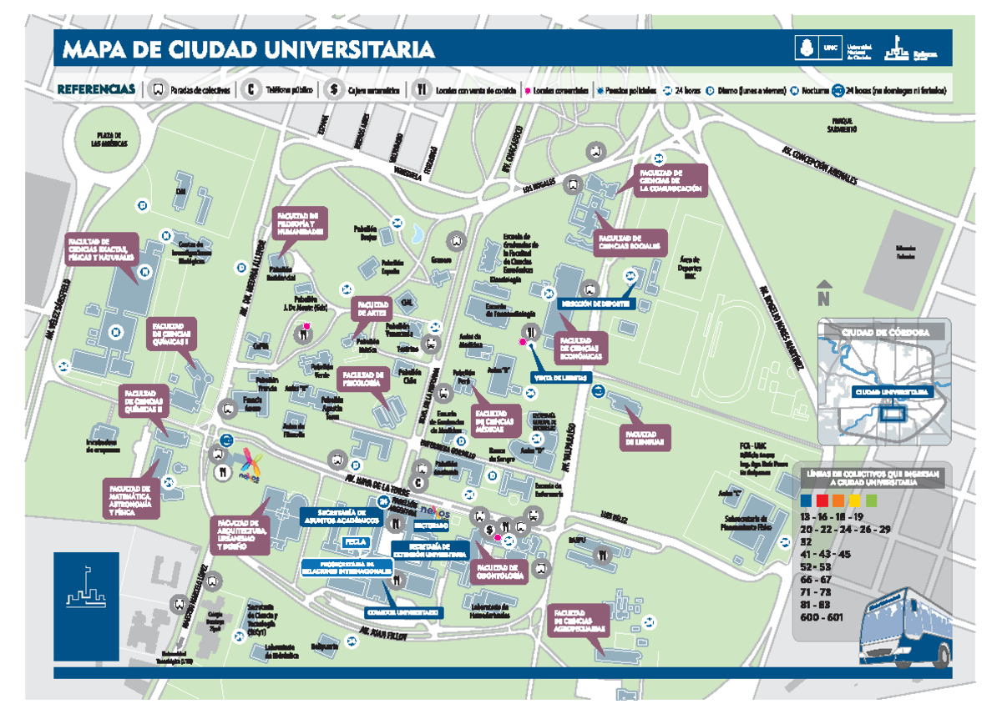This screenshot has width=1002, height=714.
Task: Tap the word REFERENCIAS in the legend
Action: pyautogui.click(x=95, y=89)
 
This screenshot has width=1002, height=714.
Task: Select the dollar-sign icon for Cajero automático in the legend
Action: pyautogui.click(x=332, y=90)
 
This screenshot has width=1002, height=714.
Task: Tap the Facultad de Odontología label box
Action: pyautogui.click(x=501, y=571)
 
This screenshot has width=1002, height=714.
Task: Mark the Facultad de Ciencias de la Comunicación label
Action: pyautogui.click(x=670, y=180)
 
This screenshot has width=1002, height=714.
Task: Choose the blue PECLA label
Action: pyautogui.click(x=356, y=542)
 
